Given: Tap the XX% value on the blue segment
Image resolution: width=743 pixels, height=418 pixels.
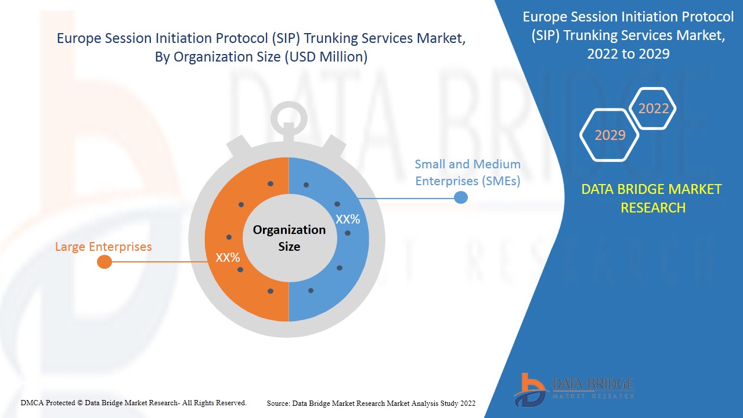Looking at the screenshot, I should pos(348,219).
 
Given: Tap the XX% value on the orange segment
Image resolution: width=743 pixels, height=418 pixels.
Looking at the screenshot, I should pos(228,257).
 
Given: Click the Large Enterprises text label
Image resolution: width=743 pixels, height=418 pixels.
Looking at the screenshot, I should pos(103,247).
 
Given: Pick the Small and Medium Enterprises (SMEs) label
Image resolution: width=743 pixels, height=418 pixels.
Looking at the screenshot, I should pos(467,172).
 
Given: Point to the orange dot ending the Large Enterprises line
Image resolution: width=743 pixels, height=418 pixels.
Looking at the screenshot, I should pos(104,262).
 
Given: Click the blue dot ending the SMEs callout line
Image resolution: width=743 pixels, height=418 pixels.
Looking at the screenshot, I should pos(460,197).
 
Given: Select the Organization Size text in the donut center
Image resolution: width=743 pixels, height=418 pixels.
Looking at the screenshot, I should pos(289,238).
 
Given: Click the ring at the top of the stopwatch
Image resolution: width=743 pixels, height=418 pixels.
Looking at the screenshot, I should pos(288,117).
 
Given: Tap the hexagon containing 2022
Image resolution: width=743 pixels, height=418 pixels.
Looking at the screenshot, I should pos(653,109).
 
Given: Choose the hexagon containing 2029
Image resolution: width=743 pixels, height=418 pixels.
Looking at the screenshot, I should pos(609,135).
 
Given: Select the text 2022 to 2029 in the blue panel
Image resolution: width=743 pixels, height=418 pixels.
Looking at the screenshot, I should pos(628,54).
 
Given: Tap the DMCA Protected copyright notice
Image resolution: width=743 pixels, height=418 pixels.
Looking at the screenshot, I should pos(134,402).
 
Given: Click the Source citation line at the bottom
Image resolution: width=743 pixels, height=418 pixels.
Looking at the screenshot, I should pos(371,403).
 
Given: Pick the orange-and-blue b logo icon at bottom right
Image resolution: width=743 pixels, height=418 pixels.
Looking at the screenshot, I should pos(529,389).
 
